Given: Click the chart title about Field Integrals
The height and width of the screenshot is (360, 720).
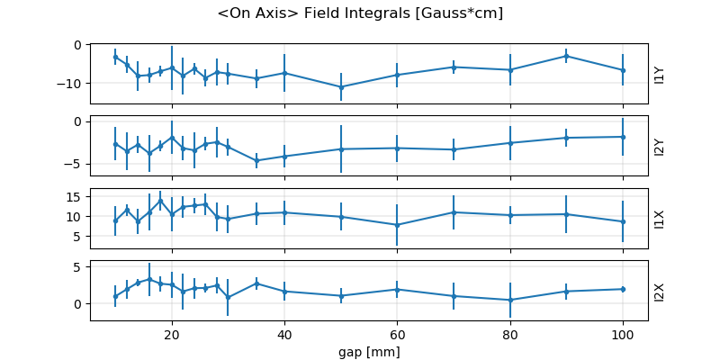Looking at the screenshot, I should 360,13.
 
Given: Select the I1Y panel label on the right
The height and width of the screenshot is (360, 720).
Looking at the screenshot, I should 659,74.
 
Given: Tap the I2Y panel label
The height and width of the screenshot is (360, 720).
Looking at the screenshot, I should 659,147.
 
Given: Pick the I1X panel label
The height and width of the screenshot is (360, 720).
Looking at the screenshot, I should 659,219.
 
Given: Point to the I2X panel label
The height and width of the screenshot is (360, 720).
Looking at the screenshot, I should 659,292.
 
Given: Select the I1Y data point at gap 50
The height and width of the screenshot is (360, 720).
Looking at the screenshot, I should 341,87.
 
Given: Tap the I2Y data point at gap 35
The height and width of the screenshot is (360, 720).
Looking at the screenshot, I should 256,161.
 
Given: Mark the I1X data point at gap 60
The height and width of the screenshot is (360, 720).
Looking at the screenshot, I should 397,225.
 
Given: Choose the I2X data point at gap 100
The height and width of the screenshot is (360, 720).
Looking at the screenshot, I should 623,289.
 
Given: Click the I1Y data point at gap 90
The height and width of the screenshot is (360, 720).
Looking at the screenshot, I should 566,56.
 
